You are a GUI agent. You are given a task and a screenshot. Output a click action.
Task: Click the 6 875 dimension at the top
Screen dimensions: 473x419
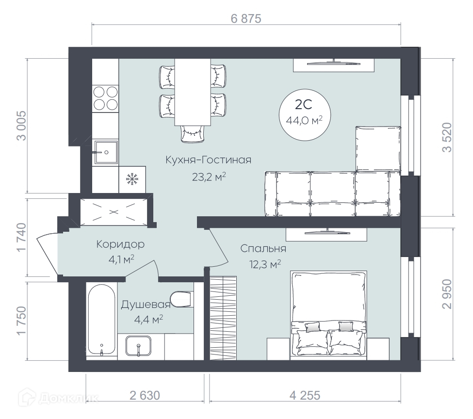click(246, 19)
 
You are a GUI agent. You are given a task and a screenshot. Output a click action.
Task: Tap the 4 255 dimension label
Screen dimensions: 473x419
click(305, 395)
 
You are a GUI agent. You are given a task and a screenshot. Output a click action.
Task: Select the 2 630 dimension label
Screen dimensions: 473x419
click(145, 395)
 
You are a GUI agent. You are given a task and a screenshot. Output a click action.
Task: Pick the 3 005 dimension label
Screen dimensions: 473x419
click(22, 126)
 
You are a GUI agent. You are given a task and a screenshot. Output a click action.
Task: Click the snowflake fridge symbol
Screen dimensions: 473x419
click(132, 179)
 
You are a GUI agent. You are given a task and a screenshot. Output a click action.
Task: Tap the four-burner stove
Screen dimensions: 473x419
click(105, 98)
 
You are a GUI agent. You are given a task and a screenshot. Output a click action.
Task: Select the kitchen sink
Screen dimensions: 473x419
click(105, 152)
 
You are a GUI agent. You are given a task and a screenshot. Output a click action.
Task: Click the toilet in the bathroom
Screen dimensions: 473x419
click(181, 299)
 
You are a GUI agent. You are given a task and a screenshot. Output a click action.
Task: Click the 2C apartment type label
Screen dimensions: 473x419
click(304, 105)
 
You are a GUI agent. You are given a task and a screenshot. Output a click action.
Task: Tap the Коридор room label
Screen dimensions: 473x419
click(120, 244)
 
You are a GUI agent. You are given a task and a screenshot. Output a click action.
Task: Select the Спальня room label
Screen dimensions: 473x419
click(263, 249)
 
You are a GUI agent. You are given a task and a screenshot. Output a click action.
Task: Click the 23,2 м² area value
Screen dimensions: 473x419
click(209, 177)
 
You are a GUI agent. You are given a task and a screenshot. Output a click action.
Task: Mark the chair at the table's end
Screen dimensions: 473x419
click(193, 134)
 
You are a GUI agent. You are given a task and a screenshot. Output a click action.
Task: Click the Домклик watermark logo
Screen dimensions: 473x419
click(59, 398)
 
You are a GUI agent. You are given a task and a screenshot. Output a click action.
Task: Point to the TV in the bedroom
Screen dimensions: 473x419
click(326, 232)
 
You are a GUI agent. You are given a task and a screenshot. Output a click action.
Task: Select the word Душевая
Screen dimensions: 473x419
click(146, 305)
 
